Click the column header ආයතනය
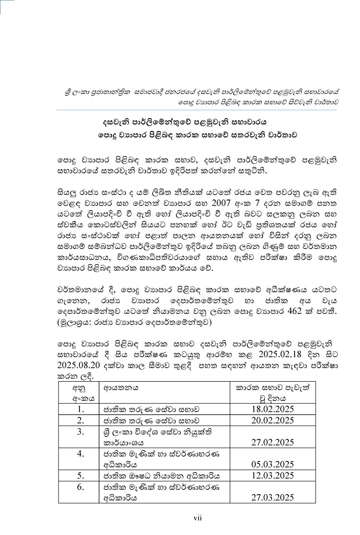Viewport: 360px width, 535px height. [x=118, y=387]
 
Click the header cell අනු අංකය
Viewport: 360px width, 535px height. [x=77, y=392]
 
